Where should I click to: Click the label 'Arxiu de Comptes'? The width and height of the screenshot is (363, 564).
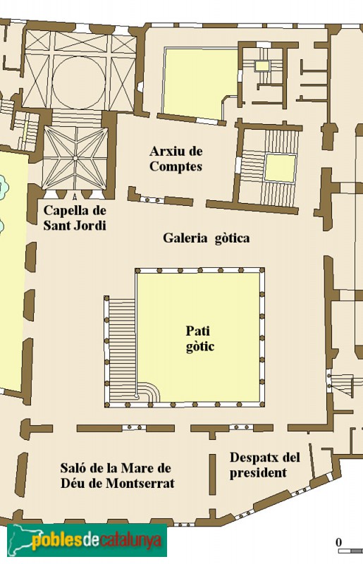click(x=176, y=159)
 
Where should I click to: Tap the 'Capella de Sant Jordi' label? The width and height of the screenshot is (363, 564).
click(x=74, y=218)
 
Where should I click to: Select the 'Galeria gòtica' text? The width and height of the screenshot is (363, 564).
click(x=206, y=238)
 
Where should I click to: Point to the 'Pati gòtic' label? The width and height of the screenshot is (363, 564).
click(x=199, y=338)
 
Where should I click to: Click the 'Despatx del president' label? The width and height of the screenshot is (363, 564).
click(x=264, y=465)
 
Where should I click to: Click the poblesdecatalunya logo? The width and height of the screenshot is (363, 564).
click(x=85, y=541)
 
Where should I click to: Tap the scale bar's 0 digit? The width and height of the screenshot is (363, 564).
click(x=338, y=541)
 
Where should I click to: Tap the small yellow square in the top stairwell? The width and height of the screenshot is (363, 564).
click(x=262, y=66)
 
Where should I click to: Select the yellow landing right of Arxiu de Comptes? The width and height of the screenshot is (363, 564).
click(x=280, y=168)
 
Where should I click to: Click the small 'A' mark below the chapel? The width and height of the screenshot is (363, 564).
click(x=75, y=195)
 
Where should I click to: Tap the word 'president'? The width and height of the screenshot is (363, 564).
click(x=258, y=473)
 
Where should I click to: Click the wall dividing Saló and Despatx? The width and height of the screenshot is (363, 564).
click(x=211, y=474)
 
